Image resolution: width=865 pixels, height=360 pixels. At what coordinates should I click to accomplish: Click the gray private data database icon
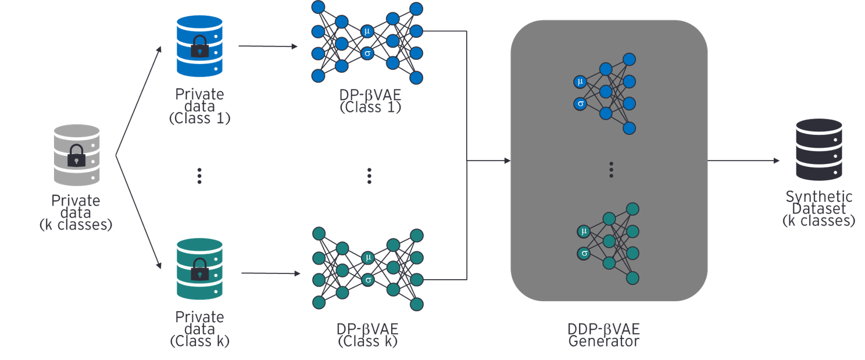point(77,155)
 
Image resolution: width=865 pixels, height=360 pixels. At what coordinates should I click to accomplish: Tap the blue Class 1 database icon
point(199,46)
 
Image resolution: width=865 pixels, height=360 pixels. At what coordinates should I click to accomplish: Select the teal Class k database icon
point(199,269)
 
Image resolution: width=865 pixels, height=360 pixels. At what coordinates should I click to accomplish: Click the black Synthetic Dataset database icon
point(818,149)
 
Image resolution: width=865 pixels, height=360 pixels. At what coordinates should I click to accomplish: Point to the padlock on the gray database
point(77,156)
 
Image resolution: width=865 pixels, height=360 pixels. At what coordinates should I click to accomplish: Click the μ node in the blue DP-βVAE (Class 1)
point(367,31)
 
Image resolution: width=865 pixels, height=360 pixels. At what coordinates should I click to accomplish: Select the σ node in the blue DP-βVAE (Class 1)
point(367,54)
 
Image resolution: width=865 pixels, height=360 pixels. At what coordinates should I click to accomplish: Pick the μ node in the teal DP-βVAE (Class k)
point(367,258)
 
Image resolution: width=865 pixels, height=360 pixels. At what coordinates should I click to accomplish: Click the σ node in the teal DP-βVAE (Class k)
point(367,280)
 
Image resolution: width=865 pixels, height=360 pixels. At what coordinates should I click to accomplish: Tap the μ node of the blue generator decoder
point(580,81)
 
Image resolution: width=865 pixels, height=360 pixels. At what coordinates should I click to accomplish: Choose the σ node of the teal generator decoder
point(584,254)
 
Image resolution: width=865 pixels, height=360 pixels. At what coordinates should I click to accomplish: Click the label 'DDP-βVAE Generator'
point(603,334)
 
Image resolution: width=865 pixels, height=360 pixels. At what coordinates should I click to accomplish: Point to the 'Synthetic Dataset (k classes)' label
point(818,208)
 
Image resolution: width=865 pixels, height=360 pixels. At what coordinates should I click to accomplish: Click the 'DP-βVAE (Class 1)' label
point(370,100)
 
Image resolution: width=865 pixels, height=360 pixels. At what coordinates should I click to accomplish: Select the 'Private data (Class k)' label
point(199,329)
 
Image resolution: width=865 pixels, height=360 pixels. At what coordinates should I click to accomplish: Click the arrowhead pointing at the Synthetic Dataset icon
point(776,161)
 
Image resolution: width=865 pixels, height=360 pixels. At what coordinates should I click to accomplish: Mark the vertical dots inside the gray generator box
point(611,169)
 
